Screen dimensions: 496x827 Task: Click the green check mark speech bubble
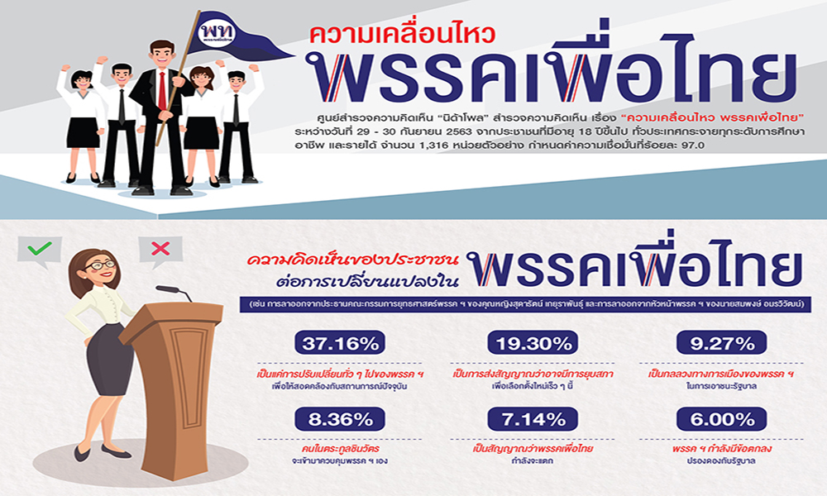pyautogui.click(x=39, y=248)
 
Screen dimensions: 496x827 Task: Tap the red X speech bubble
pyautogui.click(x=161, y=248)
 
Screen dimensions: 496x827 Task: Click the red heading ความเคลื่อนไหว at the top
pyautogui.click(x=402, y=36)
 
